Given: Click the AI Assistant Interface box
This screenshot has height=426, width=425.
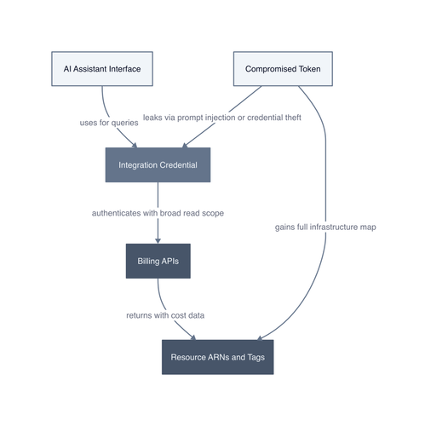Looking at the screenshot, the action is (102, 69).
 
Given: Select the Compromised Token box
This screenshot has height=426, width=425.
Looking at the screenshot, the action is (283, 69).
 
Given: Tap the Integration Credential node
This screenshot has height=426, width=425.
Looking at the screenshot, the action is (158, 165).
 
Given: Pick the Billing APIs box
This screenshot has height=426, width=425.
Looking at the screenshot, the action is (158, 261).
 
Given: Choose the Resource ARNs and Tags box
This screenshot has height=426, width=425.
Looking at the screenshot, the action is (218, 357).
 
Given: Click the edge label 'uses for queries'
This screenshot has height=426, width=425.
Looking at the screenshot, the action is (109, 123).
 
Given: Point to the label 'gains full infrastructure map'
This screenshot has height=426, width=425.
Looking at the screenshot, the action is (325, 227).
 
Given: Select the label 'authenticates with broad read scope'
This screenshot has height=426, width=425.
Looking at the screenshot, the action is (158, 213).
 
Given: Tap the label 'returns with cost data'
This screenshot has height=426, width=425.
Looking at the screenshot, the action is (165, 315).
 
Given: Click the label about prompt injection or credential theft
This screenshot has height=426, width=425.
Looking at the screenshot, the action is (222, 118).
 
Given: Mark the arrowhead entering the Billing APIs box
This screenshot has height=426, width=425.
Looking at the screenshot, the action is (158, 241).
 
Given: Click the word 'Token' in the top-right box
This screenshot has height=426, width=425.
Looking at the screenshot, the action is (309, 69).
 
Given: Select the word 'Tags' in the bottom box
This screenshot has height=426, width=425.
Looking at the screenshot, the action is (256, 357).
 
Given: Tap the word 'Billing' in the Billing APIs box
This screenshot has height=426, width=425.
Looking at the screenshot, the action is (148, 262).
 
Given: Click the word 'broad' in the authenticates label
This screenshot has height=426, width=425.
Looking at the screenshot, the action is (170, 213).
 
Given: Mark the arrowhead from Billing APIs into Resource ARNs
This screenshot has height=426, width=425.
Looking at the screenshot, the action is (193, 337).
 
